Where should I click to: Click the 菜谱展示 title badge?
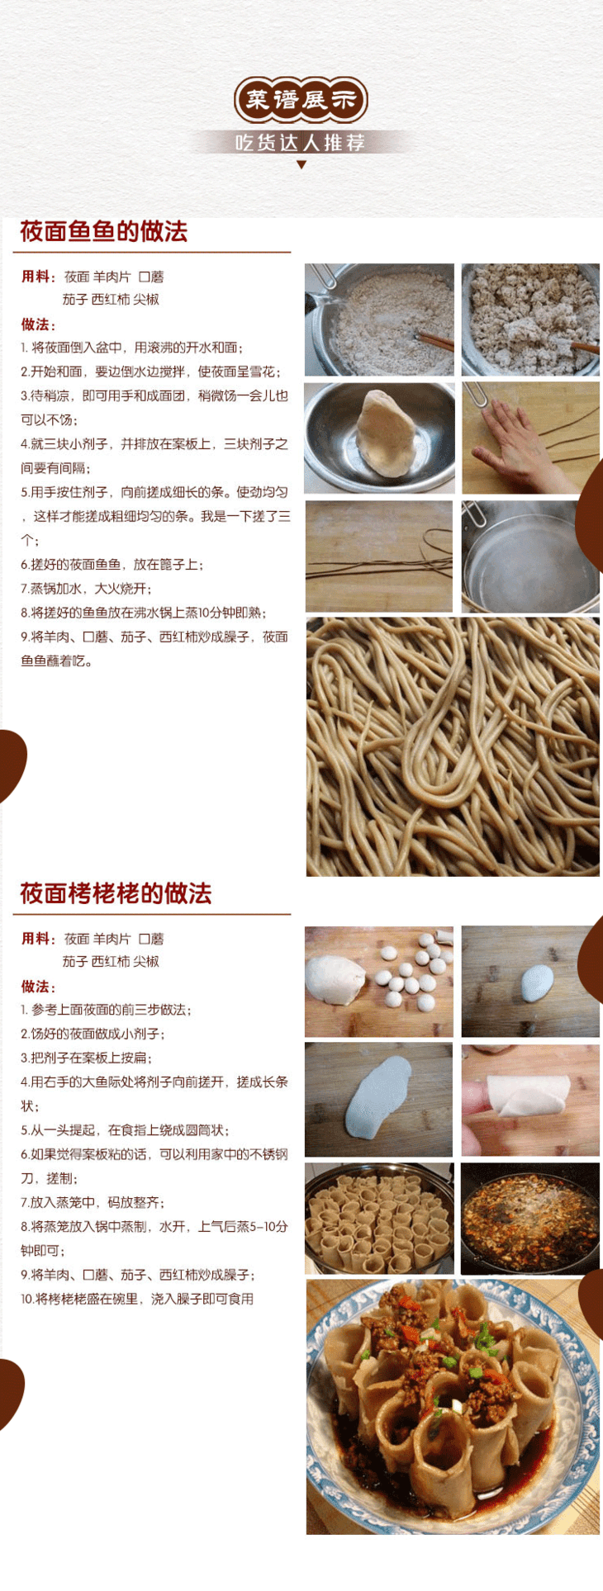301,101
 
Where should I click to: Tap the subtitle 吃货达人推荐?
301,143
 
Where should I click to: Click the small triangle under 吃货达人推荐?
301,164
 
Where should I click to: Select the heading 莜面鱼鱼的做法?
104,231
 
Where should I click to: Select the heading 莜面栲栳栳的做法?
116,893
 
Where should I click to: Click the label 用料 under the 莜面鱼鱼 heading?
37,277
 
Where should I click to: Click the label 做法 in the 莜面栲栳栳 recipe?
37,987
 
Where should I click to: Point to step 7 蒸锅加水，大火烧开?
86,589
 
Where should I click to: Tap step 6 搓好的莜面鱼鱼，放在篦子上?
112,565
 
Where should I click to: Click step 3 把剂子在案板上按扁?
86,1058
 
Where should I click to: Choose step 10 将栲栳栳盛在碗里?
137,1299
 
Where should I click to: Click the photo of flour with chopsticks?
379,320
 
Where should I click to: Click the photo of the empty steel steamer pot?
530,556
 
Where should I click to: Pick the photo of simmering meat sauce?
530,1219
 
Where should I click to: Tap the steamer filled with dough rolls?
379,1219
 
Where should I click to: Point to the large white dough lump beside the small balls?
335,979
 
